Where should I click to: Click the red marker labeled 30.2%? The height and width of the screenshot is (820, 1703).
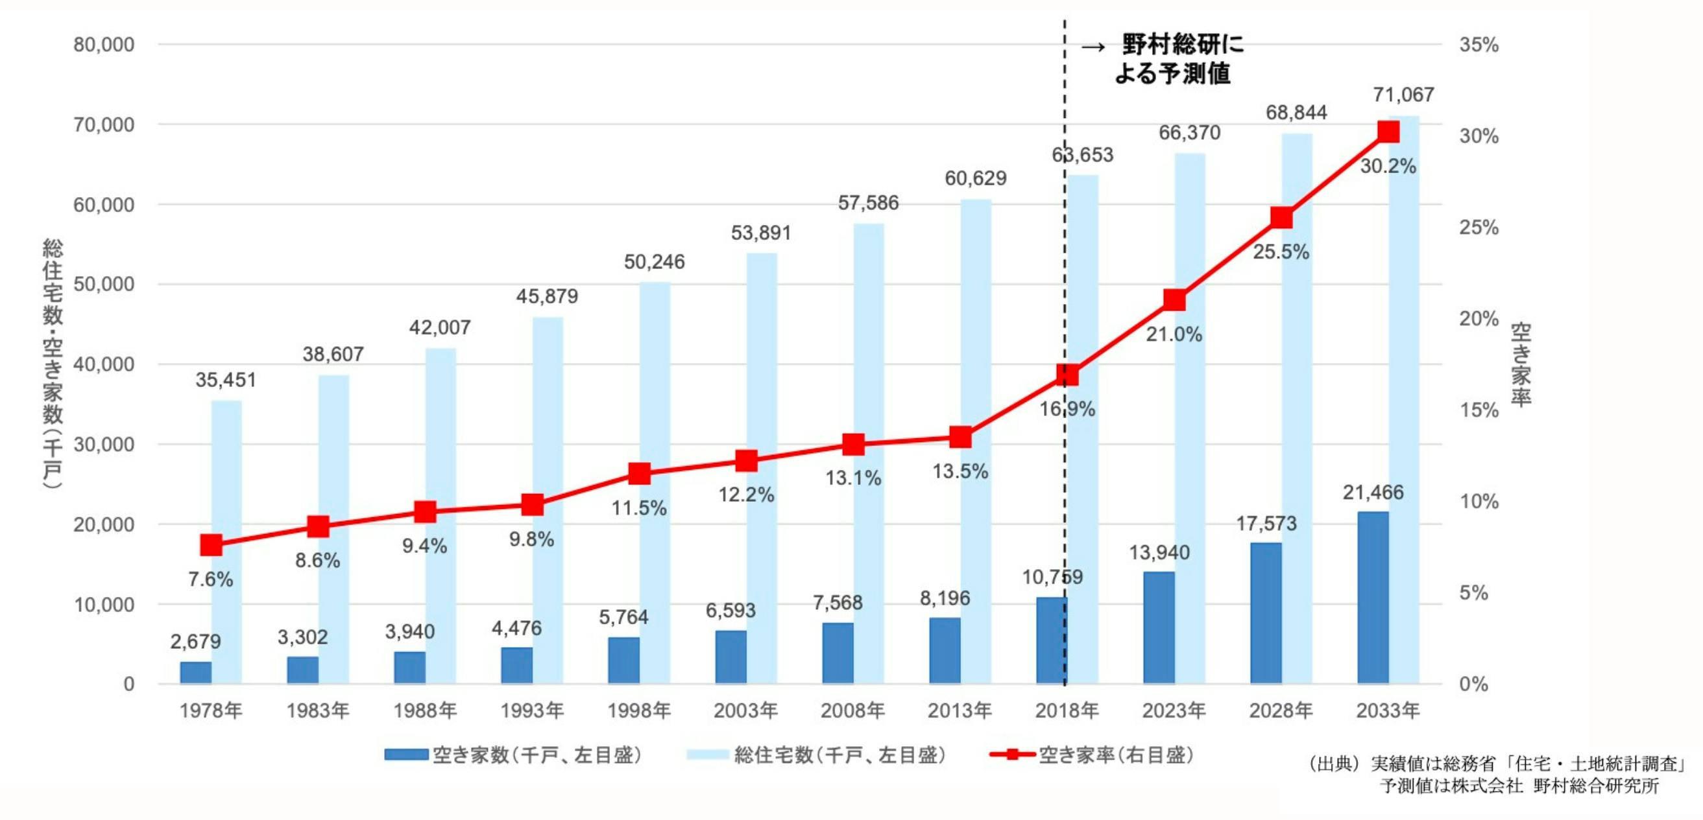click(x=1388, y=132)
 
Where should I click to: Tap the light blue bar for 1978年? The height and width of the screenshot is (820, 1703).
click(x=227, y=542)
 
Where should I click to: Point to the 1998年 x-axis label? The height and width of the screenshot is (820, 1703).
click(x=638, y=710)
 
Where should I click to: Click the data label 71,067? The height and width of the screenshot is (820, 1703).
click(x=1403, y=95)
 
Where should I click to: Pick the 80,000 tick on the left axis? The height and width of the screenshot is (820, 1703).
click(x=104, y=45)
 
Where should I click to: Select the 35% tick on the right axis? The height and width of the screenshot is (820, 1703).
click(x=1479, y=45)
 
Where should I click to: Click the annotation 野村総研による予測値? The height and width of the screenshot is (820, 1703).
click(x=1173, y=60)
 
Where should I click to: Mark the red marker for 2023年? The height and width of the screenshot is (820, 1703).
click(x=1174, y=301)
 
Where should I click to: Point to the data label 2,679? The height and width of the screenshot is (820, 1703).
click(x=196, y=641)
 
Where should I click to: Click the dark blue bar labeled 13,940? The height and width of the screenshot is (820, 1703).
click(x=1159, y=627)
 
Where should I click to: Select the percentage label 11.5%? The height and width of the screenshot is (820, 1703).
click(x=638, y=508)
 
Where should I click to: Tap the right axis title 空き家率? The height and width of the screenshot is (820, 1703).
click(x=1521, y=364)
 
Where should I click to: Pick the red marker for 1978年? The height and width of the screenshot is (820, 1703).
click(x=211, y=545)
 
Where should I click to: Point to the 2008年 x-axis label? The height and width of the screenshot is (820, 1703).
click(x=853, y=710)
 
